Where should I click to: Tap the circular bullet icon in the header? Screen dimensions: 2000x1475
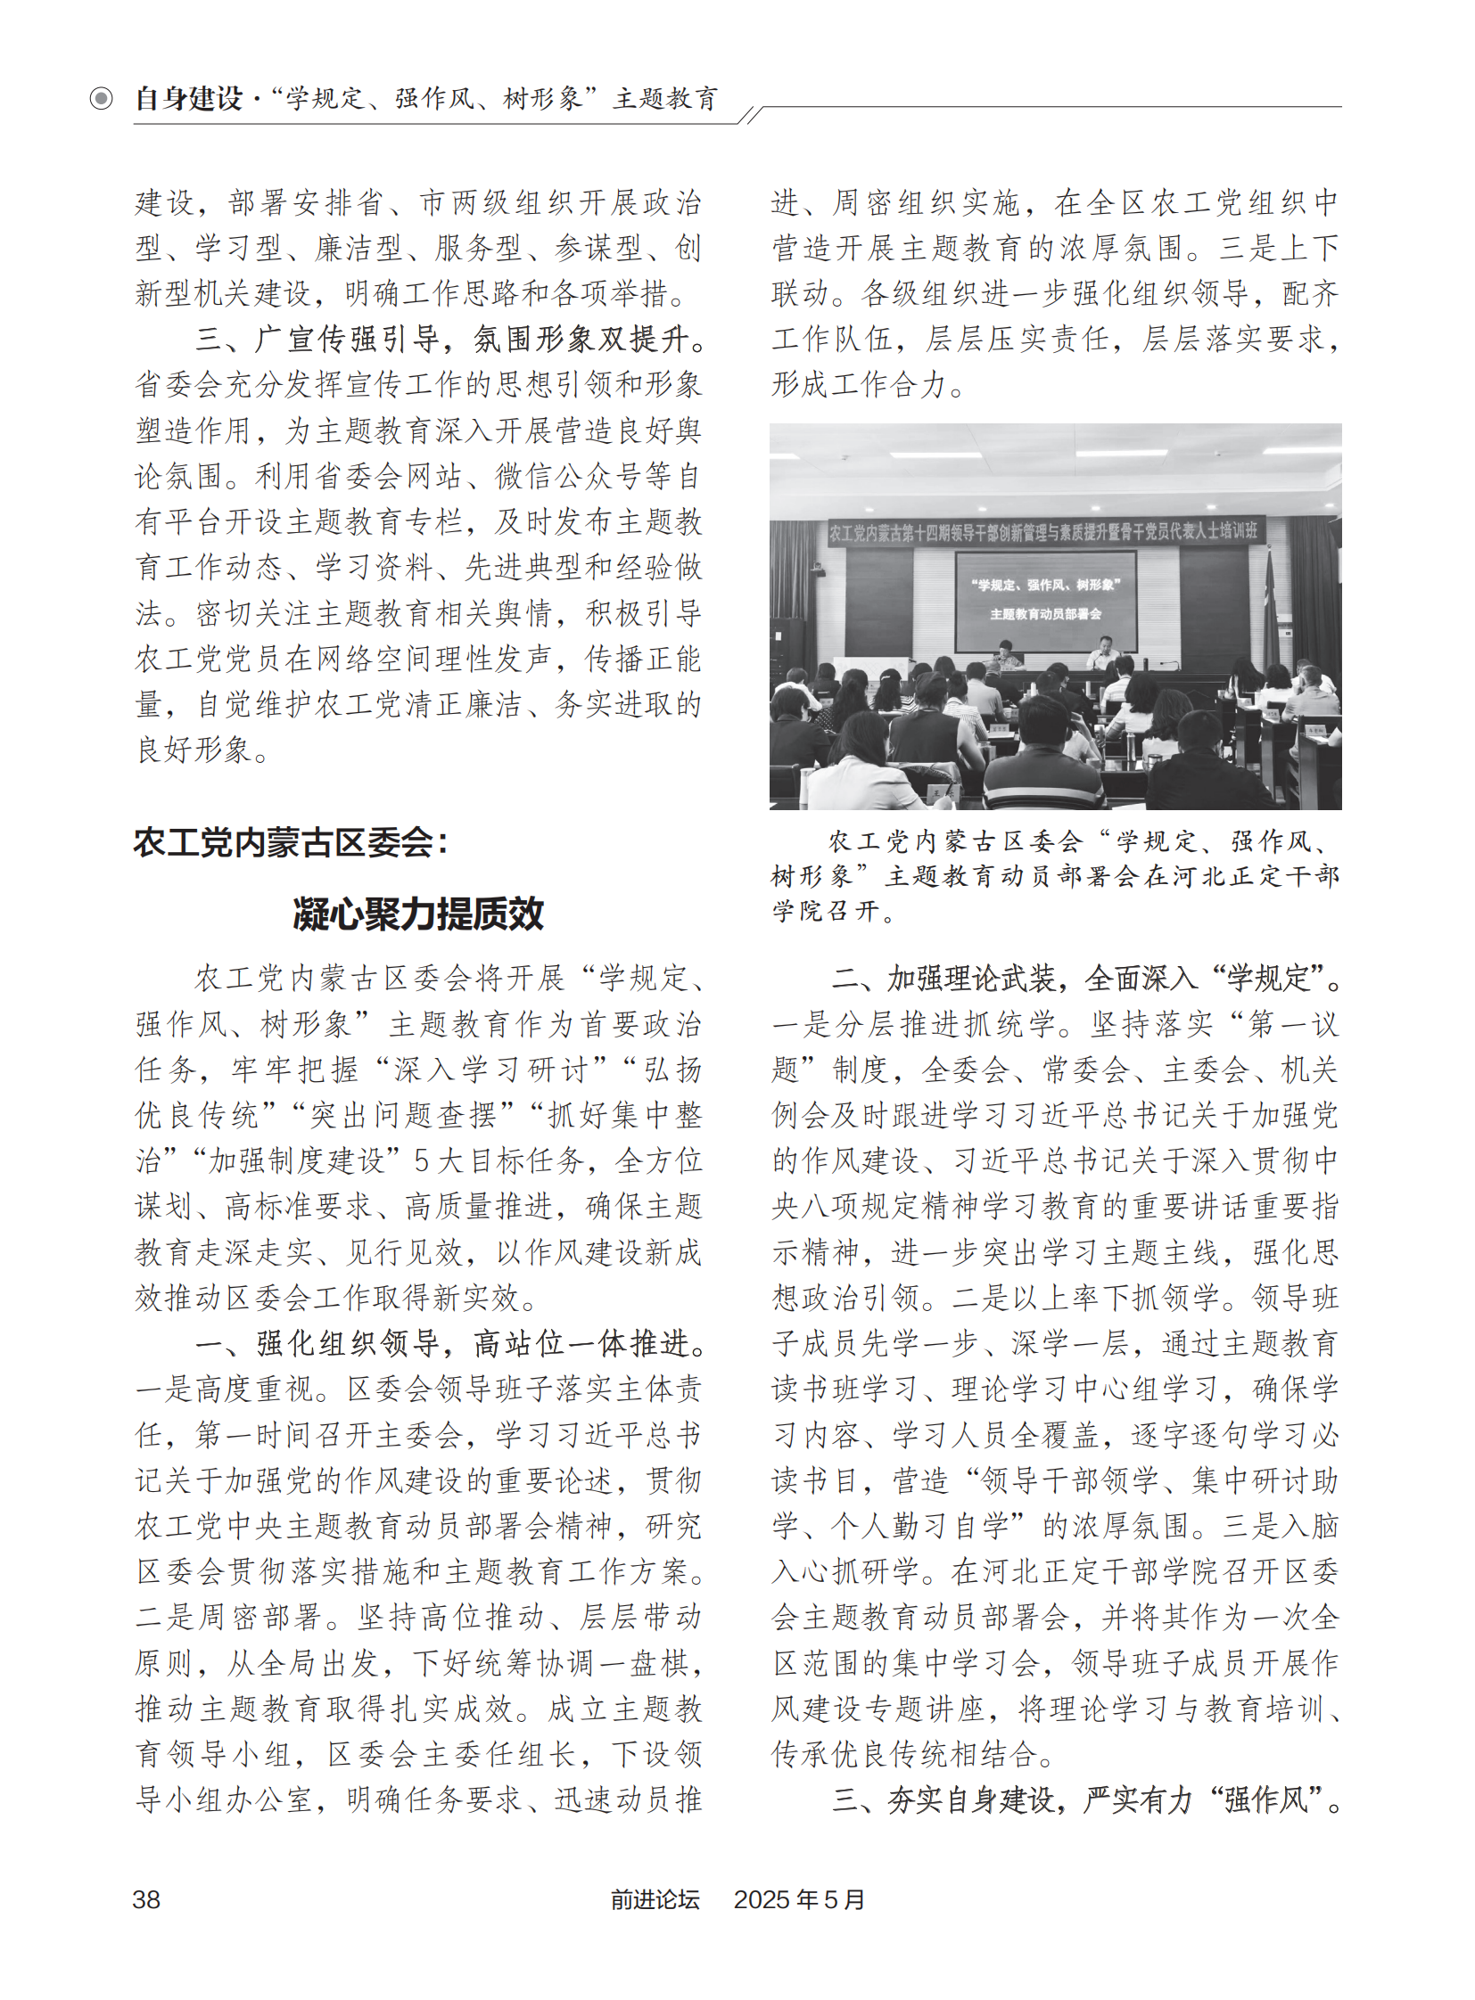click(x=102, y=98)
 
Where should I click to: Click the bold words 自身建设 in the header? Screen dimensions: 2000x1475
click(x=189, y=98)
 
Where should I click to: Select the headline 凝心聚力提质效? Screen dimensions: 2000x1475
click(x=418, y=913)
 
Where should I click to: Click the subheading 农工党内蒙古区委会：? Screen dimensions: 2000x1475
click(x=291, y=841)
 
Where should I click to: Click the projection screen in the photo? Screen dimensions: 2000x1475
click(x=1045, y=600)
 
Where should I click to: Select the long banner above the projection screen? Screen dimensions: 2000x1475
click(x=1042, y=532)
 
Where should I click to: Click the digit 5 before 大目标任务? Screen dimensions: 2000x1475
click(x=424, y=1160)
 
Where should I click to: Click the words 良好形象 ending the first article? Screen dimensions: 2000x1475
click(x=194, y=750)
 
